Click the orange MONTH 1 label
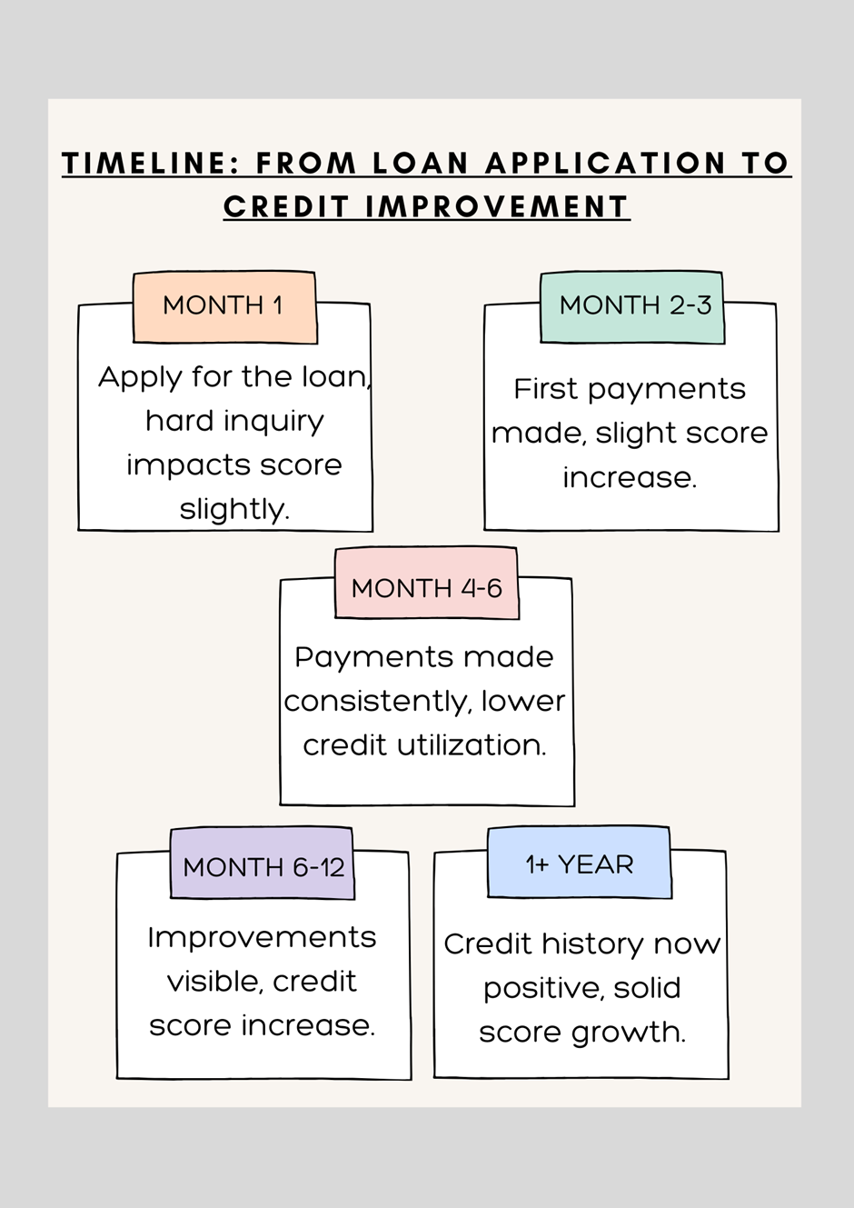(x=224, y=307)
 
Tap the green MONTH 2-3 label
(x=632, y=307)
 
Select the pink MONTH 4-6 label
(x=426, y=583)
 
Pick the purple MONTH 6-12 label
(x=262, y=863)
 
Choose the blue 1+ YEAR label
(x=580, y=862)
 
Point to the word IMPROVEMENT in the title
(x=497, y=207)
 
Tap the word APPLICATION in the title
(x=606, y=164)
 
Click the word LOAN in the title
(x=420, y=164)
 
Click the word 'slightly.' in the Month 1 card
(x=234, y=510)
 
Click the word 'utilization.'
(x=472, y=744)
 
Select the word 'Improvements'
(x=262, y=939)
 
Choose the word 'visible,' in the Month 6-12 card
(x=215, y=982)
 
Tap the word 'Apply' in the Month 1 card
(x=140, y=378)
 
